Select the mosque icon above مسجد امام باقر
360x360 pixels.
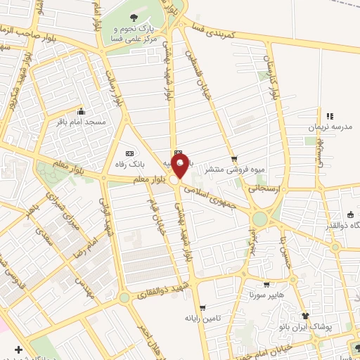click(x=82, y=111)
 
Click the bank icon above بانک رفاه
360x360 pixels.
click(x=129, y=153)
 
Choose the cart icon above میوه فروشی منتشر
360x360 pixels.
click(x=235, y=159)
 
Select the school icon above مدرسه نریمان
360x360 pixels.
click(x=329, y=115)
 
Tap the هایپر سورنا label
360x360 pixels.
click(x=265, y=296)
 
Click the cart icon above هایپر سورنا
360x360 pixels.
click(x=266, y=285)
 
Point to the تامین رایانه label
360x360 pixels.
click(x=203, y=319)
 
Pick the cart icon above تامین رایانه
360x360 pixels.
click(x=202, y=308)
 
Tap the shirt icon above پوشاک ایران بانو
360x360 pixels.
click(x=306, y=316)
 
